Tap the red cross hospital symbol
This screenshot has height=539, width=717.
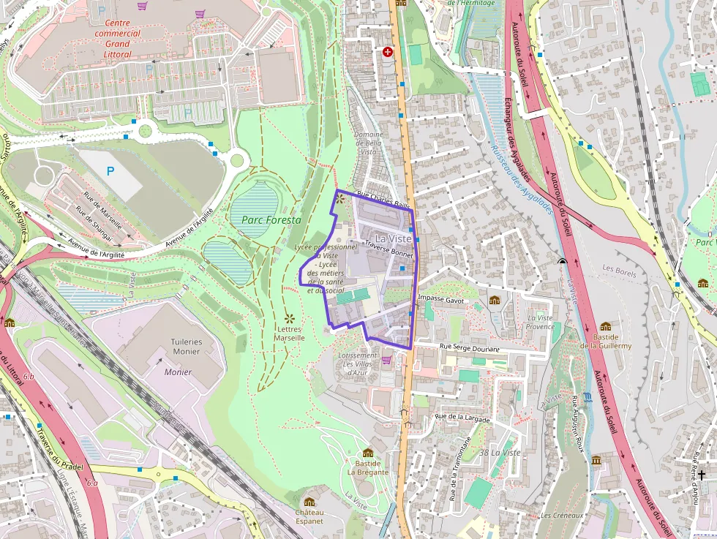[x=388, y=52]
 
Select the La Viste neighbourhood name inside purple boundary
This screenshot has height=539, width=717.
[x=394, y=238]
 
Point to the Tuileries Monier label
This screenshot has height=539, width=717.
[x=187, y=346]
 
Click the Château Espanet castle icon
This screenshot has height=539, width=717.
[x=309, y=502]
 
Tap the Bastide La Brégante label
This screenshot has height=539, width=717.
[x=368, y=467]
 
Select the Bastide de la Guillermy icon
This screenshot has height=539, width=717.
[x=605, y=326]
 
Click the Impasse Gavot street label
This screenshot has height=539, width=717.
[x=441, y=299]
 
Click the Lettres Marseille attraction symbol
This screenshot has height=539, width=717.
[x=290, y=318]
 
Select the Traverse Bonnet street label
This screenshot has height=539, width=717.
[x=388, y=249]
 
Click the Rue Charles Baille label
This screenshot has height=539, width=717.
[x=383, y=200]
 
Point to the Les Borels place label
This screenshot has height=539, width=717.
[x=619, y=268]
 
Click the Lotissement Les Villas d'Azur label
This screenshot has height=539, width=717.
[x=358, y=364]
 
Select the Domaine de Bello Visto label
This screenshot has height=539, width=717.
[x=369, y=143]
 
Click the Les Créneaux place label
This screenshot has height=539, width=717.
[x=562, y=516]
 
